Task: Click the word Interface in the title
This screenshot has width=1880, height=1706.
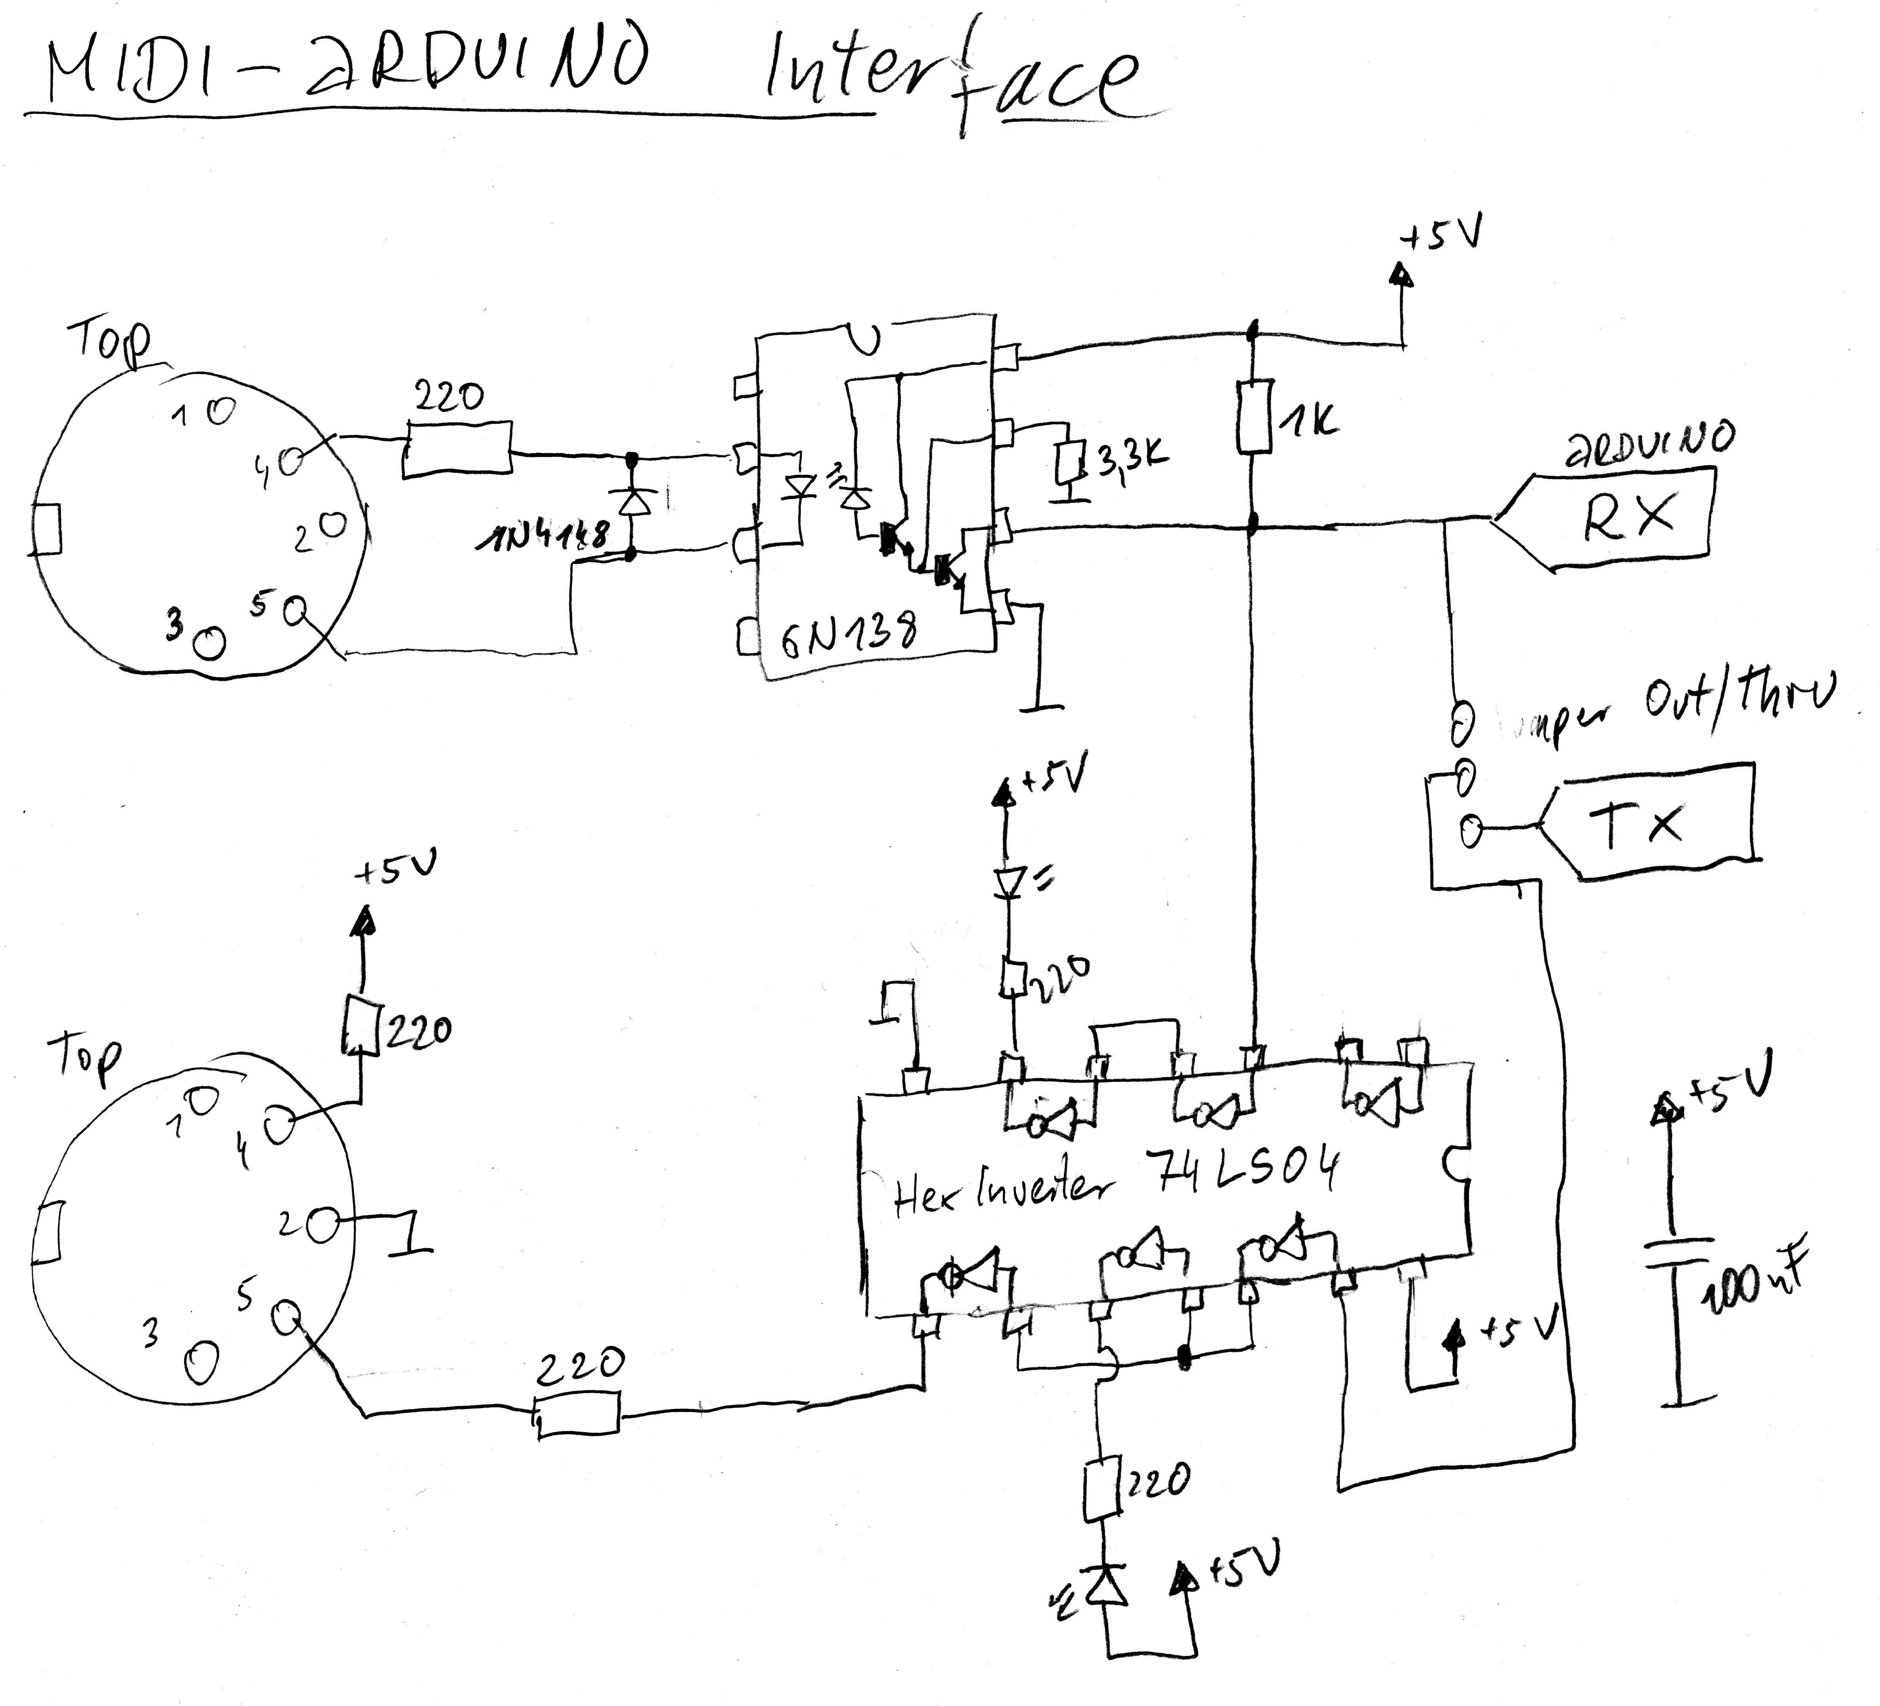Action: click(x=951, y=79)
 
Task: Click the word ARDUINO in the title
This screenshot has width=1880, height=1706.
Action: click(x=476, y=70)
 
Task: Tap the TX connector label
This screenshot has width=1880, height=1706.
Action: click(x=1637, y=823)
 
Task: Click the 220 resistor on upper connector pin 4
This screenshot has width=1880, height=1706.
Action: click(x=457, y=449)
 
